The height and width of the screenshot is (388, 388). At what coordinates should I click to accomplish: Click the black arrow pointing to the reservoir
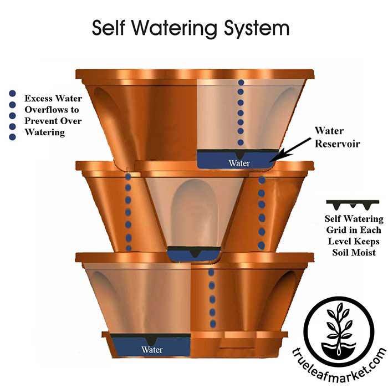pos(292,148)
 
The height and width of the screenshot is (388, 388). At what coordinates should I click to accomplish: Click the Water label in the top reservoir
pos(239,163)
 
